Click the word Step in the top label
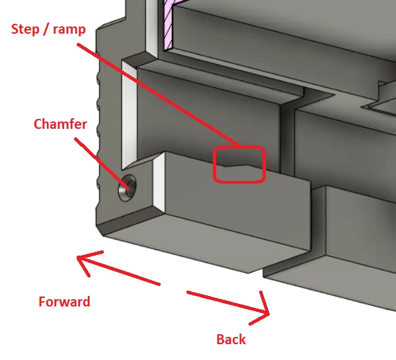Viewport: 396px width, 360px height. [x=25, y=30]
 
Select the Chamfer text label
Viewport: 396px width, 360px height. [x=60, y=124]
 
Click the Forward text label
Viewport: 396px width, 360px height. [x=64, y=302]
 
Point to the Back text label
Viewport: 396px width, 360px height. [x=231, y=340]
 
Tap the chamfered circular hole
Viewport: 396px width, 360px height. [x=127, y=188]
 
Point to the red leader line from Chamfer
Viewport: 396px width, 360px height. [x=102, y=163]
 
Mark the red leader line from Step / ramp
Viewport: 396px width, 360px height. [x=159, y=95]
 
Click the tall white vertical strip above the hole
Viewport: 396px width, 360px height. [x=130, y=114]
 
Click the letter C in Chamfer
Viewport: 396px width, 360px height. [x=38, y=124]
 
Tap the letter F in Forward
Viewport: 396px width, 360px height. [x=42, y=302]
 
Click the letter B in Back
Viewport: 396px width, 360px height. [x=220, y=340]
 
